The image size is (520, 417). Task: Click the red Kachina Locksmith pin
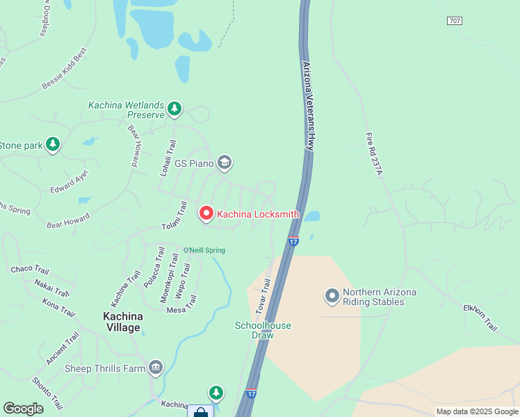tap(206, 213)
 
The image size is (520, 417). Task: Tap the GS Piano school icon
tap(224, 163)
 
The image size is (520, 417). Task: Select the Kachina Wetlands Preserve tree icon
tap(174, 108)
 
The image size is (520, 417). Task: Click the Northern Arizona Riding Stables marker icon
tap(332, 297)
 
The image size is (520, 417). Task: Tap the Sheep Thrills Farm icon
tap(155, 368)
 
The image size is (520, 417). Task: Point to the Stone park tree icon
tap(52, 145)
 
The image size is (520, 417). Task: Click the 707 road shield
tap(454, 22)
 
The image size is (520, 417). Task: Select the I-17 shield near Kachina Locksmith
tap(293, 240)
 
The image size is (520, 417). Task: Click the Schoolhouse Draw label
tap(263, 330)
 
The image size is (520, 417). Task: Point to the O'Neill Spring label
tap(204, 250)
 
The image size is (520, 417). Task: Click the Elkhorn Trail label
tap(481, 317)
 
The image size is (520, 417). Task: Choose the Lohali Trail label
tap(168, 158)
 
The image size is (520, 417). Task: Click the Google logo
tap(23, 409)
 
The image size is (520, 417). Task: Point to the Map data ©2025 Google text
tap(476, 411)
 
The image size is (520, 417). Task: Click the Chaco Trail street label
tap(30, 270)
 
